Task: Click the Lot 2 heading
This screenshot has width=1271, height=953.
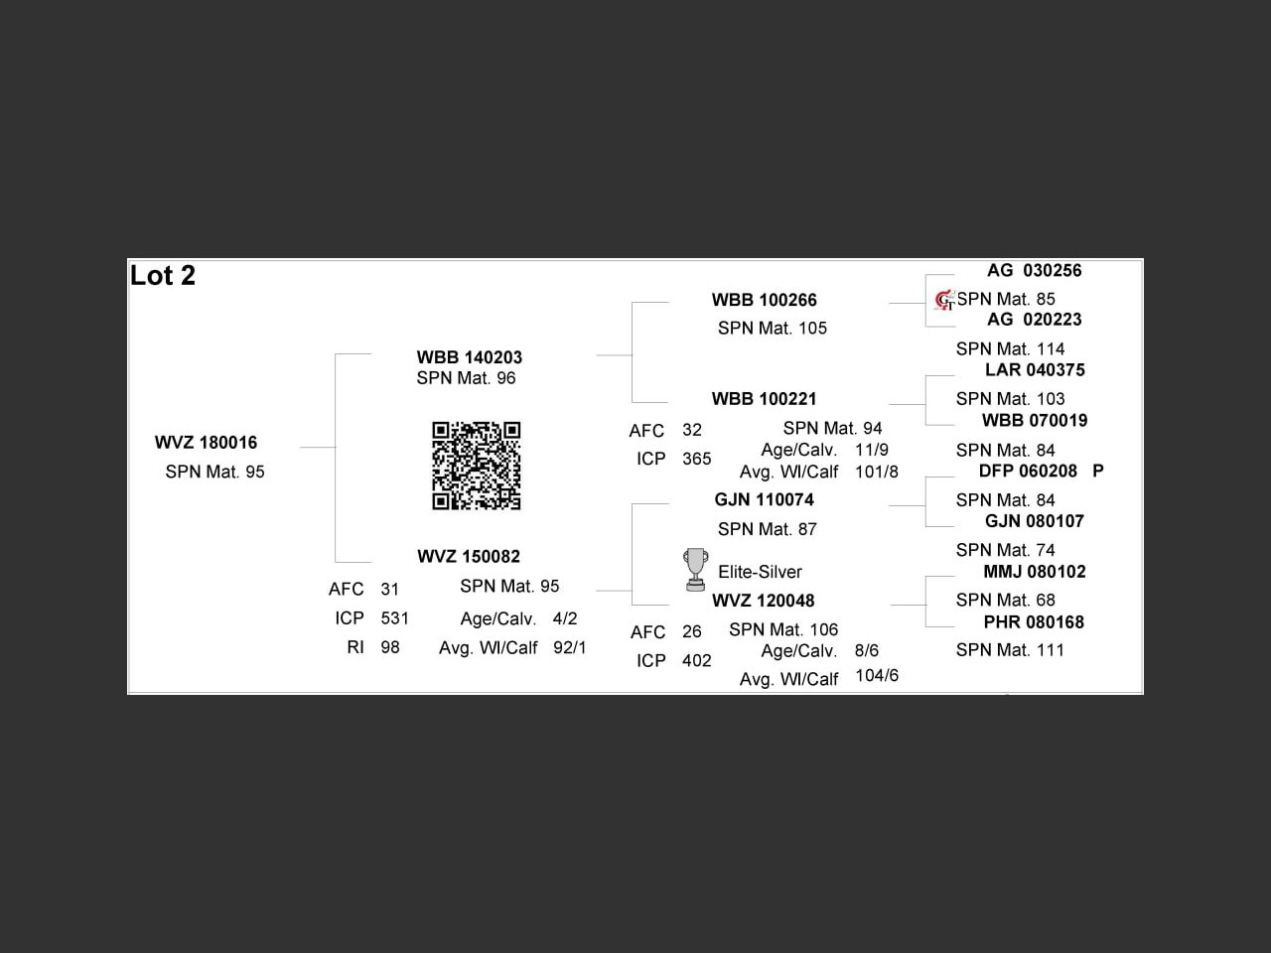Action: [163, 275]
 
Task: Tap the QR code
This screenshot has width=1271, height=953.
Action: [476, 466]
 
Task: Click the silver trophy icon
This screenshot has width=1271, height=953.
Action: [695, 570]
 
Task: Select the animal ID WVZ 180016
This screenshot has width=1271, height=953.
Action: [206, 443]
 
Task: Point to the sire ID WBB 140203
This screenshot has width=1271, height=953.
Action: [469, 357]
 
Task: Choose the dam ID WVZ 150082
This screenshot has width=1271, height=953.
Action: [469, 557]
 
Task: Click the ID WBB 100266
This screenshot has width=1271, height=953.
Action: [764, 300]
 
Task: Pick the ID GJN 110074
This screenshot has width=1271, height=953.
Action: [764, 499]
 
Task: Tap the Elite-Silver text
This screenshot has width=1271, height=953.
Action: [760, 572]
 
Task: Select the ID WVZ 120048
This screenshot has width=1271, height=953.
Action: [764, 601]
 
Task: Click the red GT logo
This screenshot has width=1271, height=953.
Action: [945, 301]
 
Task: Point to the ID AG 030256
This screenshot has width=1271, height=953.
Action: [1034, 270]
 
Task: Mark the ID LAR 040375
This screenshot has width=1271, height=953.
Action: [1035, 369]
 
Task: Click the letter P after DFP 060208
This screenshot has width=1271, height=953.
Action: [1098, 471]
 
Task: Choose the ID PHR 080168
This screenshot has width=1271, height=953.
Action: [1034, 622]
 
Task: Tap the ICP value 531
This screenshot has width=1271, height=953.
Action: [394, 618]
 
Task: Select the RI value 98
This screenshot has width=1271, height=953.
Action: [389, 647]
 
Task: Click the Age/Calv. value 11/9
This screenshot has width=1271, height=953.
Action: [872, 450]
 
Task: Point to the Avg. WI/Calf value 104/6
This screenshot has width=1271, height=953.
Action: [877, 675]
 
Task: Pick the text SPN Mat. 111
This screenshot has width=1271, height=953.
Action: [1010, 650]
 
